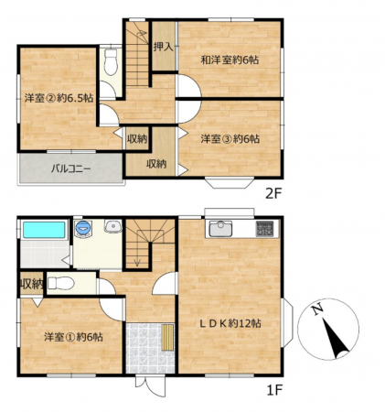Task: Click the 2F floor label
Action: (x=274, y=193)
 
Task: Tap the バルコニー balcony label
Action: (x=70, y=168)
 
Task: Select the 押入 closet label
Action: (x=164, y=47)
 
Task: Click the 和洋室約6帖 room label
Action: (x=230, y=60)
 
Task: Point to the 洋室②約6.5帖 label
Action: (x=59, y=98)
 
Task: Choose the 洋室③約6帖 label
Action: (x=230, y=139)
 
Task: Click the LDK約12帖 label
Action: (x=230, y=323)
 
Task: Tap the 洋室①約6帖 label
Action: (x=73, y=337)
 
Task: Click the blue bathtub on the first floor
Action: (x=44, y=230)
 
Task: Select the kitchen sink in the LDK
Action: (x=220, y=229)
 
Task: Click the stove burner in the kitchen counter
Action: (x=264, y=229)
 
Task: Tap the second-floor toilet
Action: (x=111, y=61)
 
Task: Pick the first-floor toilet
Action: (x=61, y=284)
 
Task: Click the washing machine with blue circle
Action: (x=83, y=228)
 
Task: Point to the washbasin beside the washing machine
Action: (x=113, y=226)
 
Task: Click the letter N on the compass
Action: (x=317, y=309)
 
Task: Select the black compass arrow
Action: (x=336, y=339)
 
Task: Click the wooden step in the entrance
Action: (x=167, y=337)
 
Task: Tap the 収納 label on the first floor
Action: (x=32, y=285)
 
